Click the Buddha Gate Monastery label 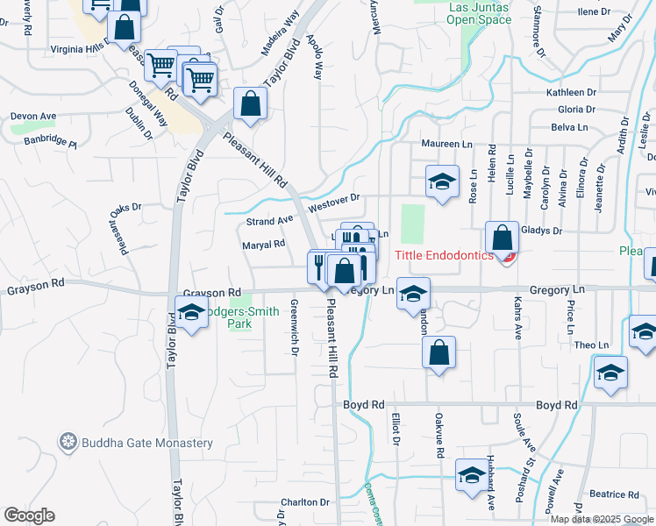(147, 443)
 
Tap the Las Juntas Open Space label (480, 13)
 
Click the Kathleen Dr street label (571, 92)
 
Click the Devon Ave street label (33, 116)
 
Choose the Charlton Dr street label (304, 502)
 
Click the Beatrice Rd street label (612, 494)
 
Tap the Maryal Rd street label (264, 245)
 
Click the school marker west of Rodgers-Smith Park (190, 312)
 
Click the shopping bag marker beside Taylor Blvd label (250, 103)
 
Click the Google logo (29, 515)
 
